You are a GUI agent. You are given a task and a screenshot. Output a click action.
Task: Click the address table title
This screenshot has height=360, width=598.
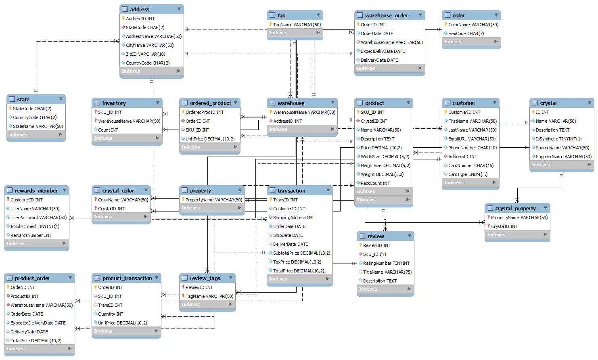pyautogui.click(x=140, y=9)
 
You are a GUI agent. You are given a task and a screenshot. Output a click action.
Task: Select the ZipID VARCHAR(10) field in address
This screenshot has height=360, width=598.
pyautogui.click(x=145, y=54)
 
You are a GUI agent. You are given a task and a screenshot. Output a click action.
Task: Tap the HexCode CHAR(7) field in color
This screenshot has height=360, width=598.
pyautogui.click(x=466, y=33)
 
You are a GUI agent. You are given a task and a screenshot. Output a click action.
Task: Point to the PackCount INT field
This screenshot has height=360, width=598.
pyautogui.click(x=375, y=183)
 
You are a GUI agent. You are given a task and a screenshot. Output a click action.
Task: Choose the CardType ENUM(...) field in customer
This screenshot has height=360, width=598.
pyautogui.click(x=468, y=174)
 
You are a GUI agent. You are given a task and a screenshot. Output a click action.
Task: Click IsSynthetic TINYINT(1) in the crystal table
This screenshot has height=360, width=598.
pyautogui.click(x=558, y=139)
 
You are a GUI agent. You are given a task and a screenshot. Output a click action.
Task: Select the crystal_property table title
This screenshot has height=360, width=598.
pyautogui.click(x=515, y=208)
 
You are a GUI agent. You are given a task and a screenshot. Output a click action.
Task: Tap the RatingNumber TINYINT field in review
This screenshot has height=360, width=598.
pyautogui.click(x=386, y=263)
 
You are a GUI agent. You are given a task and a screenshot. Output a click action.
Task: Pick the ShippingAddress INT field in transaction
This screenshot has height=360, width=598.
pyautogui.click(x=293, y=218)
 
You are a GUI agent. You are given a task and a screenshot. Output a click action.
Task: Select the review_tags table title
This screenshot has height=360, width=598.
pyautogui.click(x=205, y=278)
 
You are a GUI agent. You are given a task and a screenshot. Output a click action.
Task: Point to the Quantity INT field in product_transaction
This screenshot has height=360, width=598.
pyautogui.click(x=111, y=314)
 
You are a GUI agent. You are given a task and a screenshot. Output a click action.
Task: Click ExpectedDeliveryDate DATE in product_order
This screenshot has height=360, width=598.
pyautogui.click(x=38, y=323)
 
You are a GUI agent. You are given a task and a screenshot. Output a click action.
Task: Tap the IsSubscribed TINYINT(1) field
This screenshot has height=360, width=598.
pyautogui.click(x=35, y=226)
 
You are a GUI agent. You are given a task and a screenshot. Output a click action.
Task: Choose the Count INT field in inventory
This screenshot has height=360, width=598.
pyautogui.click(x=108, y=130)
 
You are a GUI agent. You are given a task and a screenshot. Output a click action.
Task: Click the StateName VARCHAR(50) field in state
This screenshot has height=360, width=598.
pyautogui.click(x=38, y=126)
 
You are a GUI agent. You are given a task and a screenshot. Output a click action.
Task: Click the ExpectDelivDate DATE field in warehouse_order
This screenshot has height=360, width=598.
pyautogui.click(x=383, y=51)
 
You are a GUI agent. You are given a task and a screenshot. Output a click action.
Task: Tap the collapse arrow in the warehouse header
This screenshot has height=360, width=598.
pyautogui.click(x=333, y=103)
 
